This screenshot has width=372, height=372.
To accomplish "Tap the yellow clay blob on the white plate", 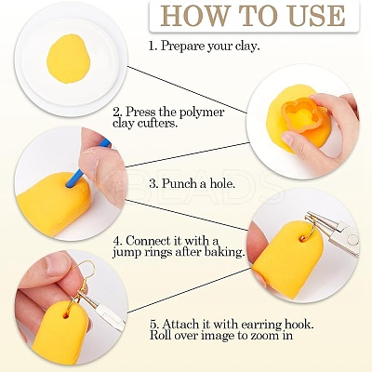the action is pyautogui.click(x=68, y=59).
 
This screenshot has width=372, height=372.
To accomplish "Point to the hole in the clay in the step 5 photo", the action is pyautogui.click(x=66, y=315).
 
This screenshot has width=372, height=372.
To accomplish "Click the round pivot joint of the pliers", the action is pyautogui.click(x=352, y=239).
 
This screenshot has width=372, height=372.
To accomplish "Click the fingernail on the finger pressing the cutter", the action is pyautogui.click(x=287, y=138).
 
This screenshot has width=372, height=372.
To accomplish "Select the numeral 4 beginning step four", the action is pyautogui.click(x=116, y=241).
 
